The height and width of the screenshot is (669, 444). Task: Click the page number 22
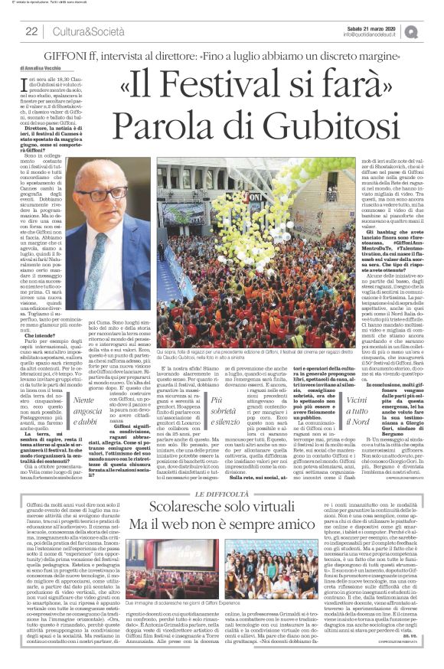point(32,31)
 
